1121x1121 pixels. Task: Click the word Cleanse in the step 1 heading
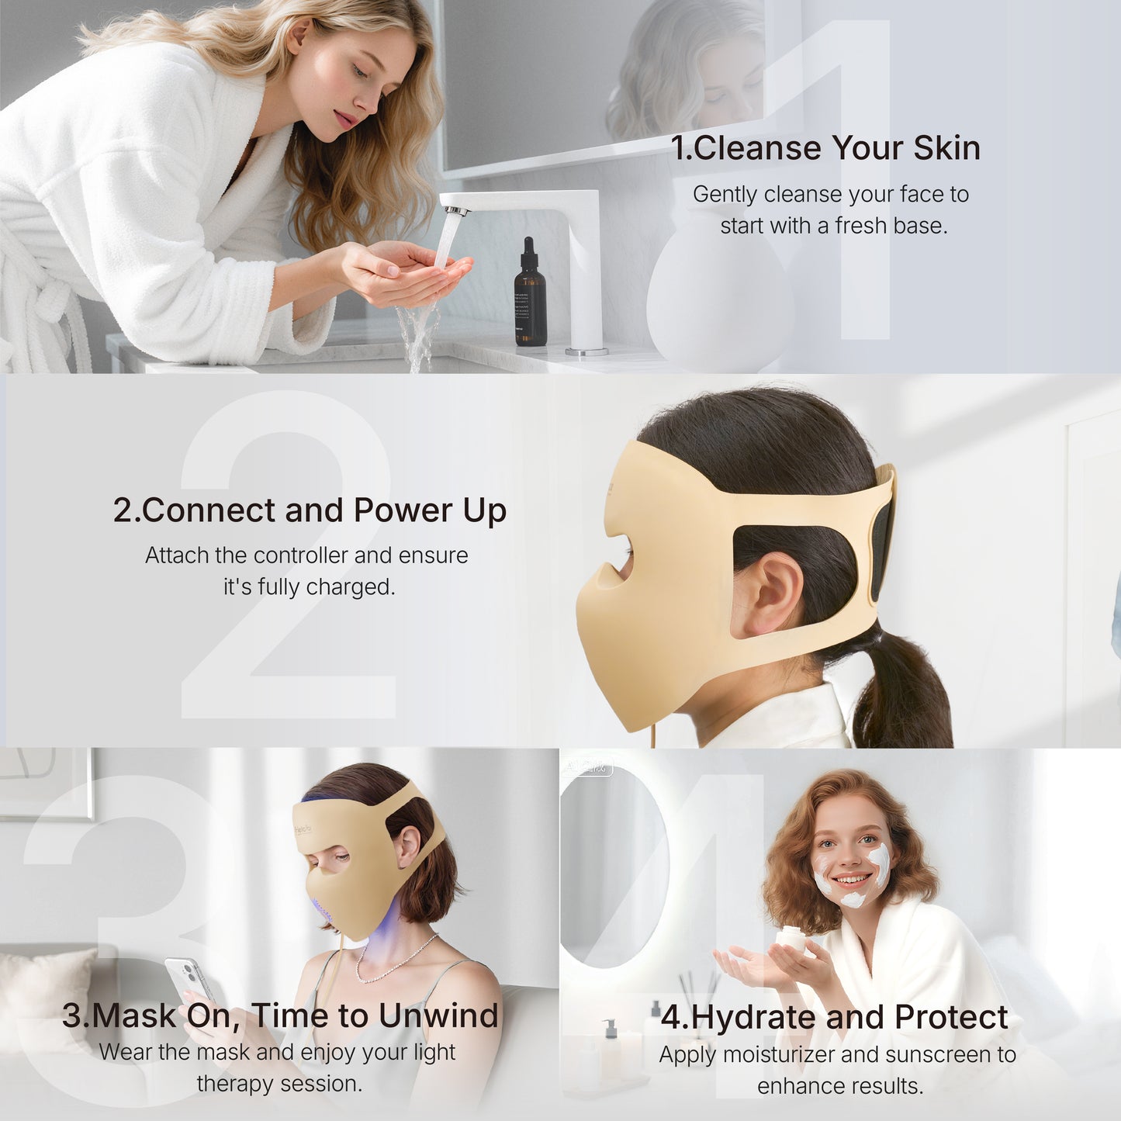tap(757, 148)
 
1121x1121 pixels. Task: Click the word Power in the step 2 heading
tap(403, 510)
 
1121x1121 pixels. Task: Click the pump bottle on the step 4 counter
tap(610, 1047)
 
